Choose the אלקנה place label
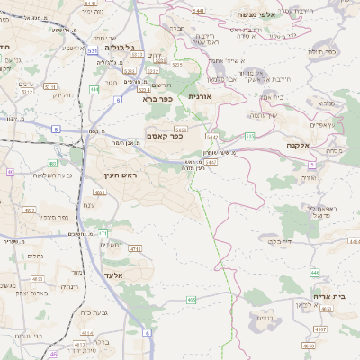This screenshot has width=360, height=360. tap(300, 145)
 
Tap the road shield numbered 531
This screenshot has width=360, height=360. tap(93, 51)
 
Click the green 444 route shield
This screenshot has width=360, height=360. tap(94, 90)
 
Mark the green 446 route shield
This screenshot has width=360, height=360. tap(315, 272)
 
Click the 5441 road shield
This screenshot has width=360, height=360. tap(198, 10)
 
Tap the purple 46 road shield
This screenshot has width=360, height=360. tap(53, 355)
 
